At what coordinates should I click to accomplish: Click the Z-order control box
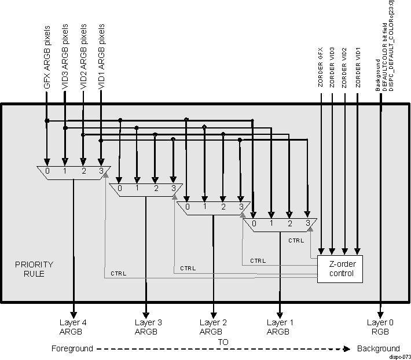pos(339,269)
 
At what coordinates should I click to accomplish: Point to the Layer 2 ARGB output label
pos(212,326)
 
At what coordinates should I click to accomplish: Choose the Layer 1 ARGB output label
pos(280,326)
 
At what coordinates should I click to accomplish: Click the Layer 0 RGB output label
pos(380,326)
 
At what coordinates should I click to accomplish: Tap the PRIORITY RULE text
pos(34,269)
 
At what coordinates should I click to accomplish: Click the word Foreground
pos(72,348)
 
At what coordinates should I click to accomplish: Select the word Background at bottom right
pos(378,348)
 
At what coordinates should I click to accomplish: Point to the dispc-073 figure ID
pos(399,357)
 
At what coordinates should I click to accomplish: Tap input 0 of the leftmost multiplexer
pos(47,171)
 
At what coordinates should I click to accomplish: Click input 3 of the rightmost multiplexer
pos(309,222)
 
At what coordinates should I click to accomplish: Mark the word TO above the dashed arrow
pos(223,341)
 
